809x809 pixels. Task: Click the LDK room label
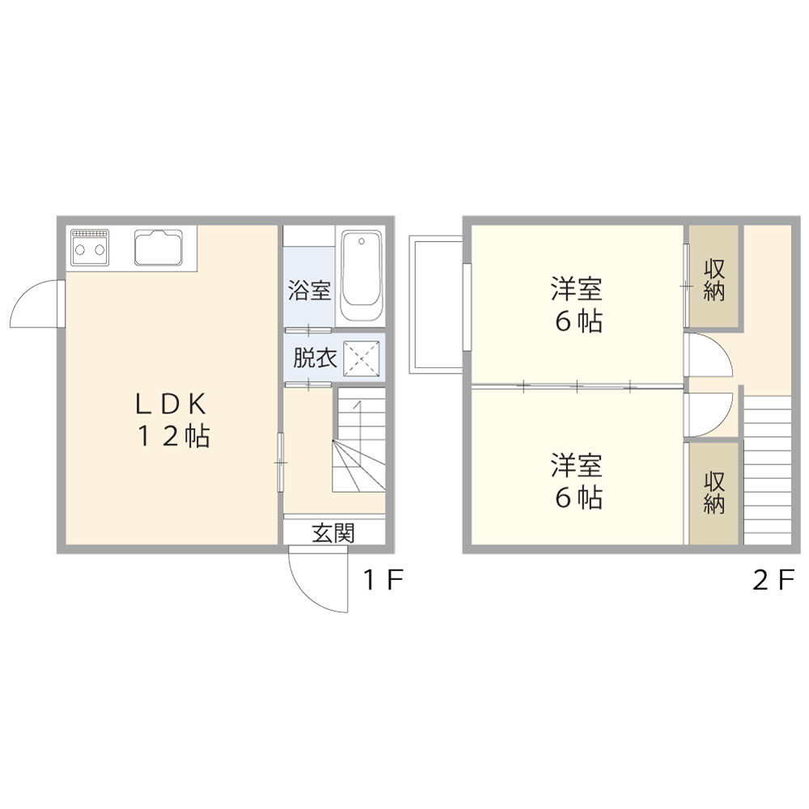(172, 420)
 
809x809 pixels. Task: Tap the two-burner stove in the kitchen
(90, 248)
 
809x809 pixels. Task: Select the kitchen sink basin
(159, 247)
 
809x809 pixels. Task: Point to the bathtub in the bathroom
(361, 276)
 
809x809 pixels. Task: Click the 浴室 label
(309, 290)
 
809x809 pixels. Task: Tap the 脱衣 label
(315, 358)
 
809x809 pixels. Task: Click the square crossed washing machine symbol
(361, 358)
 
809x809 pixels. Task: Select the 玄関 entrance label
(333, 533)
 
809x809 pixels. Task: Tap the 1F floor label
(383, 580)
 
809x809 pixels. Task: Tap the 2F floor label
(773, 580)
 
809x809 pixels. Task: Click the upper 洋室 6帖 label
(578, 304)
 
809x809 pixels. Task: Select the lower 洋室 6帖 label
(578, 481)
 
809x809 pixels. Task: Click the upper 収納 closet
(714, 276)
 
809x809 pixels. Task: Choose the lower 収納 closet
(714, 493)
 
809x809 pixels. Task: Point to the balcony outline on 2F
(435, 304)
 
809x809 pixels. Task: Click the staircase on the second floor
(768, 469)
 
